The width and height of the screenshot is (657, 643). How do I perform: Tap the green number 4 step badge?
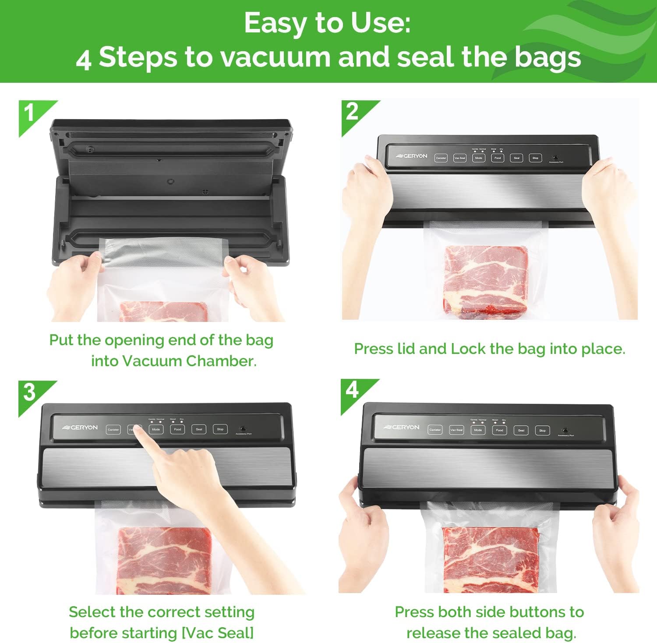point(353,391)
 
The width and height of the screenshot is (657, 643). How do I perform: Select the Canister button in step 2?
point(441,158)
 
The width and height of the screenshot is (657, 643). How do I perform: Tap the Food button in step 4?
point(499,430)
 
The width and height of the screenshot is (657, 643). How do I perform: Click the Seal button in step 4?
point(521,431)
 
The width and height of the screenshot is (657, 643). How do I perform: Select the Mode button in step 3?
point(156,429)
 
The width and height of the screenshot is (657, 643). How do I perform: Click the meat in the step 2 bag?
point(485,280)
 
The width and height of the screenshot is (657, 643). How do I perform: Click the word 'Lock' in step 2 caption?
point(468,349)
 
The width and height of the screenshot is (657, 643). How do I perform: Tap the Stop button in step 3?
point(220,429)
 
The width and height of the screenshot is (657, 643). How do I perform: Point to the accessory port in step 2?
point(555,158)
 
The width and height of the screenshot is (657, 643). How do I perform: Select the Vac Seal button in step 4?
point(456,430)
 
